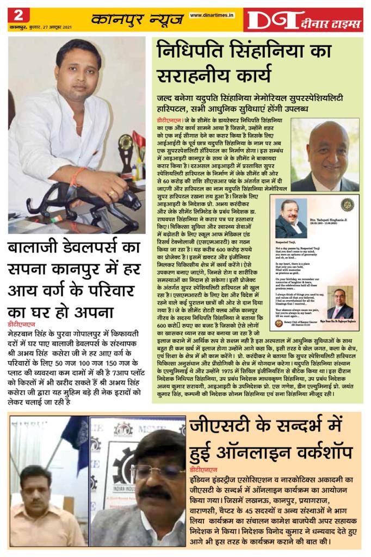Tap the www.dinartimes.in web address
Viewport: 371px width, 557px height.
click(x=212, y=15)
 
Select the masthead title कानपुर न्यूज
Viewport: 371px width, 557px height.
click(x=137, y=20)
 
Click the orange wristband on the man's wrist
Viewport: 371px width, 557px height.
click(x=81, y=176)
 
